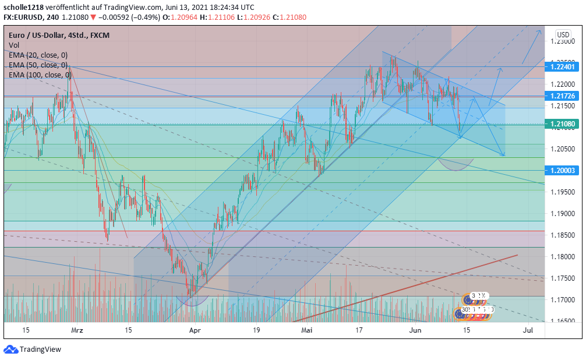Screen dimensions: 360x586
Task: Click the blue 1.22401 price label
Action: click(562, 67)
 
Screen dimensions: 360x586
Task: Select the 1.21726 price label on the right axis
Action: click(562, 96)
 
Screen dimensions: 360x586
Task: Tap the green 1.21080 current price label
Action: click(562, 124)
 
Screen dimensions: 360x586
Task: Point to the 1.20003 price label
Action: click(562, 170)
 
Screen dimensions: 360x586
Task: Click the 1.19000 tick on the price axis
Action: click(562, 214)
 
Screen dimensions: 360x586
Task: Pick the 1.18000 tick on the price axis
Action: click(562, 257)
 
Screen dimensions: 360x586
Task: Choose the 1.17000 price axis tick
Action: click(562, 299)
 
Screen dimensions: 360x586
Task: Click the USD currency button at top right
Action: click(563, 35)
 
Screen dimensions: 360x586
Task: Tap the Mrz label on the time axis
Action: click(77, 330)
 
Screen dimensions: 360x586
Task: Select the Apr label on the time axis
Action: click(195, 330)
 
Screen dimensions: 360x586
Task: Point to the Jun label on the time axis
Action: click(415, 330)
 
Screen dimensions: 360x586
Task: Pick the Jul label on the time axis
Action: click(528, 330)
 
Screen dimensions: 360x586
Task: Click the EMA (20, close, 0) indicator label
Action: click(38, 55)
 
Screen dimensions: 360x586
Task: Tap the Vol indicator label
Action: click(14, 45)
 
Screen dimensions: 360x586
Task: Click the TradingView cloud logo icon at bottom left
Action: click(10, 350)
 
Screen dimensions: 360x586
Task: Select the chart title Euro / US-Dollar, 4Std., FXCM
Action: click(59, 35)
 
